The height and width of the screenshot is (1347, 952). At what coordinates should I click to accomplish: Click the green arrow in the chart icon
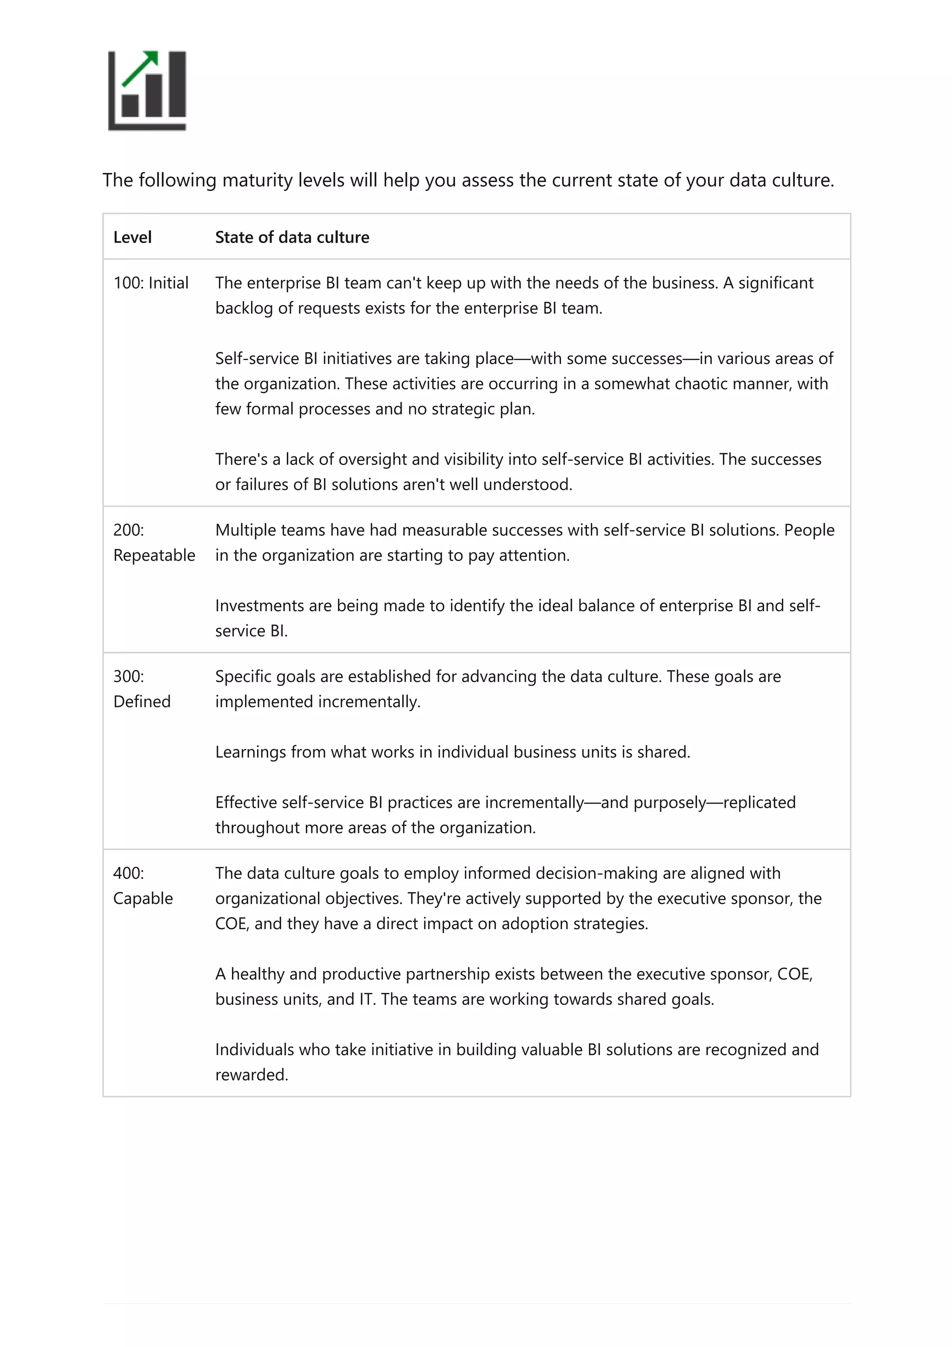[141, 67]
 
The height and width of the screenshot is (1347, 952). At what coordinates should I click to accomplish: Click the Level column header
[132, 237]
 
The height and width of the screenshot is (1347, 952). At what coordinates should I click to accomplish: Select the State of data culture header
[291, 237]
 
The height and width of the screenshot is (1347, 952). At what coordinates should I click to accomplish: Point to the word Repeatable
[154, 555]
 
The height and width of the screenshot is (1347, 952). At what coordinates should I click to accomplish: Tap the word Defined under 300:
[141, 702]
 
